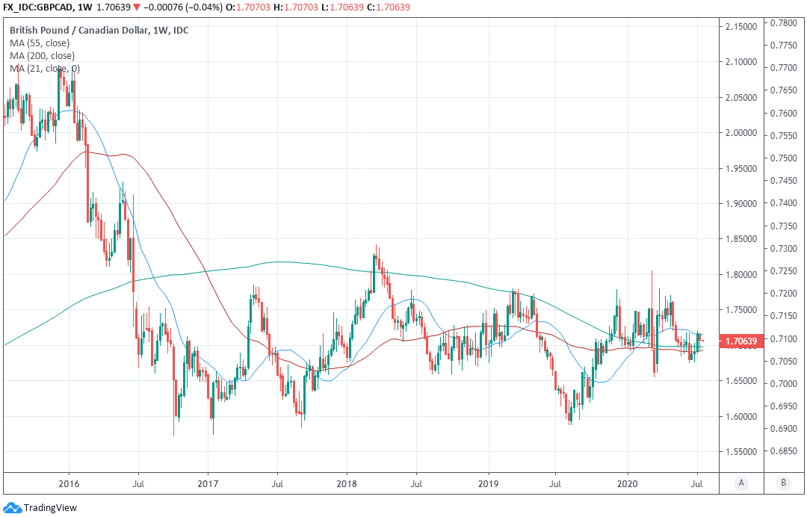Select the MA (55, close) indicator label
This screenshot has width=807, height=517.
(x=40, y=43)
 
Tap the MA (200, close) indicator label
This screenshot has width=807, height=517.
(x=42, y=55)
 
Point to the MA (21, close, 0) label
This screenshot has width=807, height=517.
(x=45, y=69)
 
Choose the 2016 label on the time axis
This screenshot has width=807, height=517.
(x=69, y=483)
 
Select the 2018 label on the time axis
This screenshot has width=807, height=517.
(x=347, y=483)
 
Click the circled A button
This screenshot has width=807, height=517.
(x=741, y=483)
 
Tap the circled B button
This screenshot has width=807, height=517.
(x=783, y=483)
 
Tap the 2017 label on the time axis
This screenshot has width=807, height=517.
(x=207, y=483)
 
